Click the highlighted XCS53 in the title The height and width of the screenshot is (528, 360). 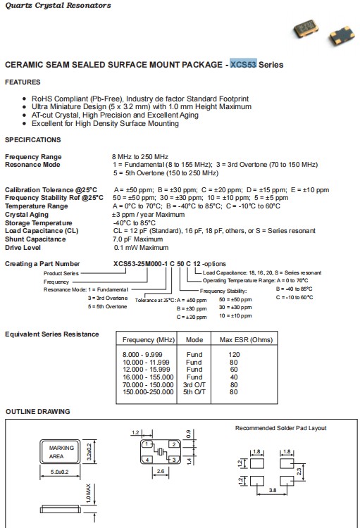click(243, 65)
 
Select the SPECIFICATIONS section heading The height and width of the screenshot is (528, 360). click(33, 140)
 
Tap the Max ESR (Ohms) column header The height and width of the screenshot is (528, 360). click(247, 339)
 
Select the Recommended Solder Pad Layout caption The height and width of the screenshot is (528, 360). click(280, 428)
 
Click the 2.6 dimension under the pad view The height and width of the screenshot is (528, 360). click(160, 470)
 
